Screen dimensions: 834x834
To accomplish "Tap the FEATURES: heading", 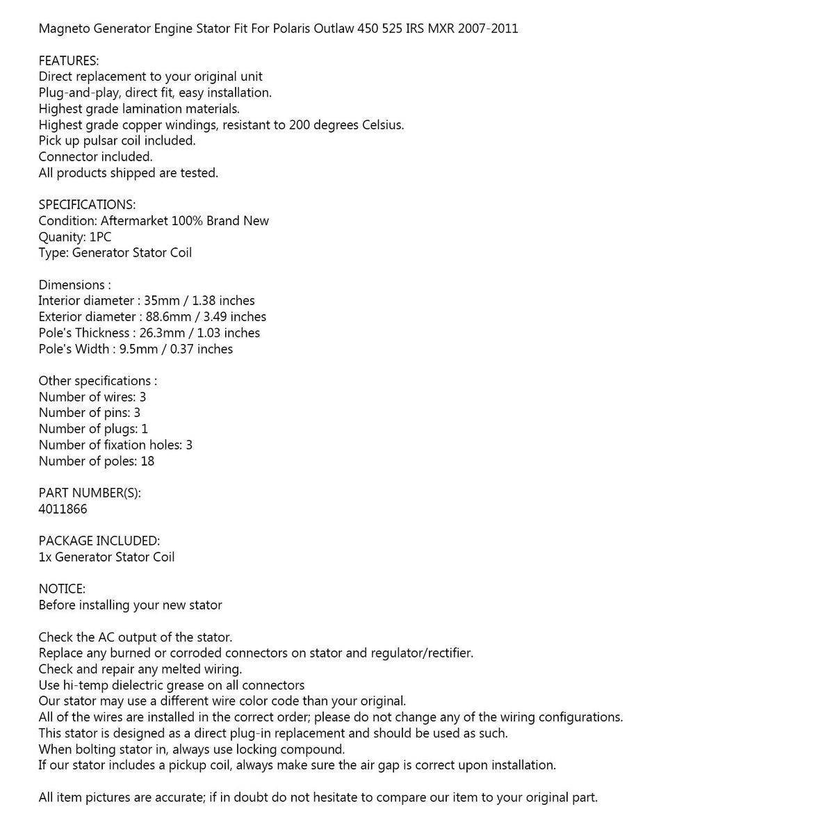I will pos(69,60).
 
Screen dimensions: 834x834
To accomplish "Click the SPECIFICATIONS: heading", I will pos(87,205).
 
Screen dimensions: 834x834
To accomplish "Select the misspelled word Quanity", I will pos(61,237).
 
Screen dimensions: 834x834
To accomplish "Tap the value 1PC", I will pos(101,237).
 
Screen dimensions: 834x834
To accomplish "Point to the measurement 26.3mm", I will pos(159,333).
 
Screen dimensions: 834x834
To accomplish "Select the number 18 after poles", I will pos(147,461).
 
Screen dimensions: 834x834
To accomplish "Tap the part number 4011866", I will pos(63,509).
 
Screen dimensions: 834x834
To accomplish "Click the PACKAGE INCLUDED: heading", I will pos(99,541).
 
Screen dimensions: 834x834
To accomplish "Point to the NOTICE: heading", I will pos(62,589).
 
